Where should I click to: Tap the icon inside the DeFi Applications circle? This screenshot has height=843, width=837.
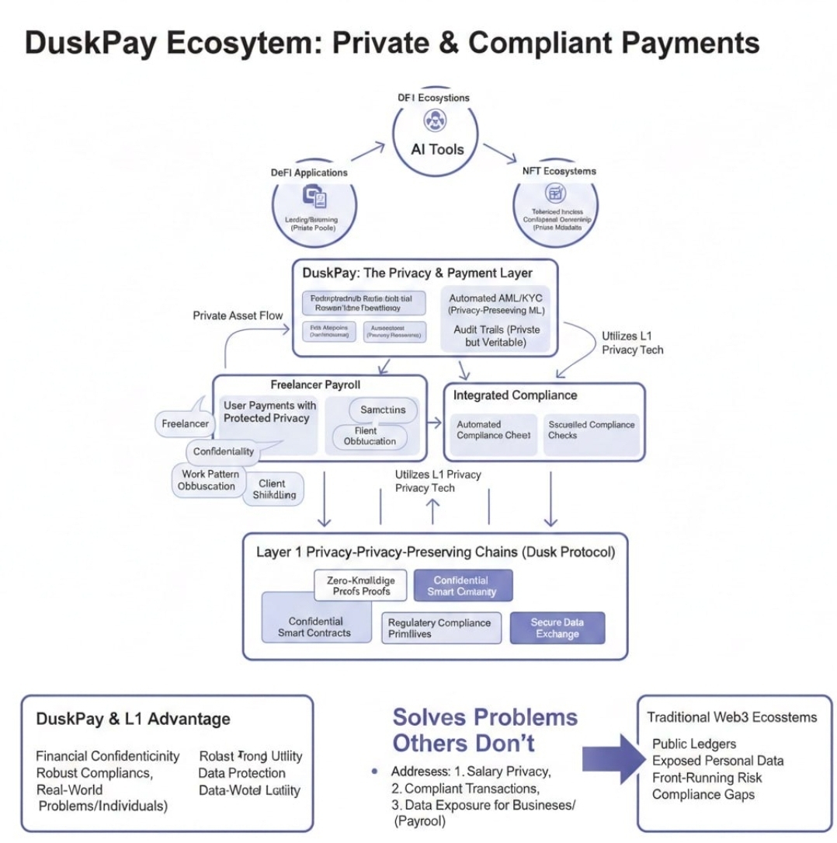[x=314, y=197]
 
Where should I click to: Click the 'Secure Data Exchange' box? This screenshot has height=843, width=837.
[x=557, y=628]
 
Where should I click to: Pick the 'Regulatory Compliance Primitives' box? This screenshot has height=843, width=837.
[x=439, y=628]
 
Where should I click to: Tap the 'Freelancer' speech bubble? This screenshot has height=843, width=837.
[x=185, y=423]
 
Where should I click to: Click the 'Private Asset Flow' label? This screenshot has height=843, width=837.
[x=237, y=315]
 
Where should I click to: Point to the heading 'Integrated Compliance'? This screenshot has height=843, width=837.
[x=515, y=395]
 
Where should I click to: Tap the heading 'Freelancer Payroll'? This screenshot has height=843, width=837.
[x=315, y=384]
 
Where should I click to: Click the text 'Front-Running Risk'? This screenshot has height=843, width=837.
[x=707, y=778]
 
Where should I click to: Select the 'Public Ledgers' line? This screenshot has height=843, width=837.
[x=694, y=744]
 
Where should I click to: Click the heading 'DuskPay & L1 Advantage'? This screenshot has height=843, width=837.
[x=133, y=719]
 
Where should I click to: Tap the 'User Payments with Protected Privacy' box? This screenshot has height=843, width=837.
[x=269, y=412]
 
